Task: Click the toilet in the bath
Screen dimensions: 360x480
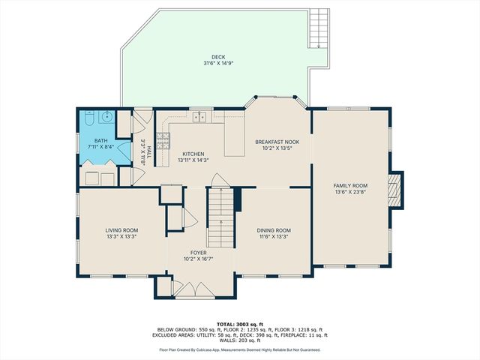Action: (89, 119)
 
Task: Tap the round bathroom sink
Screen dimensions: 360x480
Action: (106, 117)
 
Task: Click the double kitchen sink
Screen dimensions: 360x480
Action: (199, 117)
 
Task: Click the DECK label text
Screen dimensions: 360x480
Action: (217, 56)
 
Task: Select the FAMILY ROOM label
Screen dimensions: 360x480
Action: (350, 185)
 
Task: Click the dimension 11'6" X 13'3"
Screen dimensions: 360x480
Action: (273, 236)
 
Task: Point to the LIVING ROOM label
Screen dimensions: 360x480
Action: (121, 230)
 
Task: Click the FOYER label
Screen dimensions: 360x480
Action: (199, 253)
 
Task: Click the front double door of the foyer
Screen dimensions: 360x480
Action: (199, 289)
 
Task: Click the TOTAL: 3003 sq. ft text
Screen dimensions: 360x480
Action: (239, 323)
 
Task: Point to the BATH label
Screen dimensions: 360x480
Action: (100, 141)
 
